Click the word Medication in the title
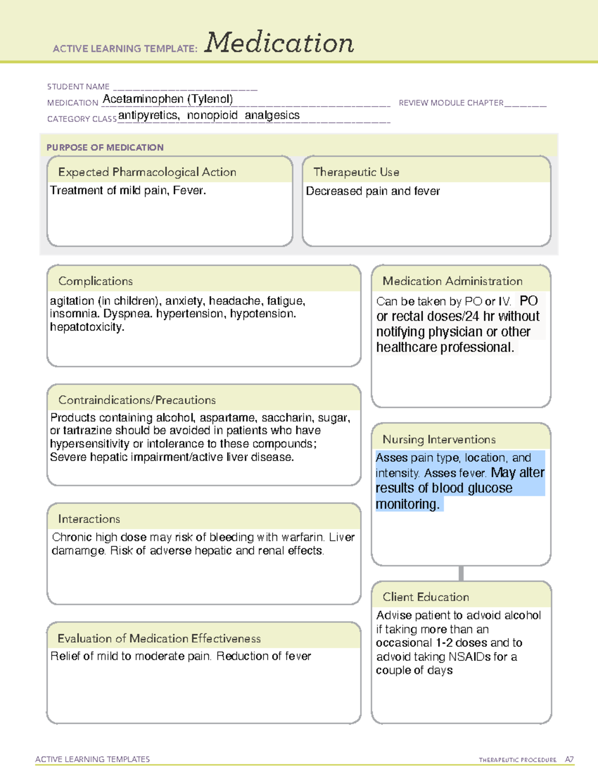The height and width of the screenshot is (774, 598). click(x=279, y=43)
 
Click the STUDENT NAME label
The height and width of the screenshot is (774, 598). click(x=78, y=87)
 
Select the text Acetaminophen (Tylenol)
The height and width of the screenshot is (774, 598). click(x=167, y=99)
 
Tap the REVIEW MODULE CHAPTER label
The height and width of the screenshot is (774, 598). click(x=451, y=103)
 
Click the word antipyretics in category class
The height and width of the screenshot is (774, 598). click(x=148, y=115)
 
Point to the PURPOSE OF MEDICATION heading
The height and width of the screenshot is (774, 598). click(x=105, y=148)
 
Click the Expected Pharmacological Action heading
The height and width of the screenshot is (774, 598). click(x=147, y=172)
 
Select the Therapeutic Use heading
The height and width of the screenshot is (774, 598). click(x=356, y=172)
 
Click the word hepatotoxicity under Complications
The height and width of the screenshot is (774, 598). click(x=87, y=327)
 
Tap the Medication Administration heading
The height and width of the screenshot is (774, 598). click(x=452, y=281)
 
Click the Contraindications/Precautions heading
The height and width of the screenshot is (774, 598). click(x=137, y=400)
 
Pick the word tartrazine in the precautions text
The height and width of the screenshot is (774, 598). click(x=87, y=431)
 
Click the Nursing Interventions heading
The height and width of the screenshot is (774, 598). click(x=439, y=440)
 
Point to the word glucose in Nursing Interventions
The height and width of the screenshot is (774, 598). click(x=490, y=488)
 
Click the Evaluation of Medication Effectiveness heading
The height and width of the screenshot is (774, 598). click(x=159, y=638)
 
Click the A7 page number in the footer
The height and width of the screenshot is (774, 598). click(x=569, y=760)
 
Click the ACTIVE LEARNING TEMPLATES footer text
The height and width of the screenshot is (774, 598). click(x=93, y=759)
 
